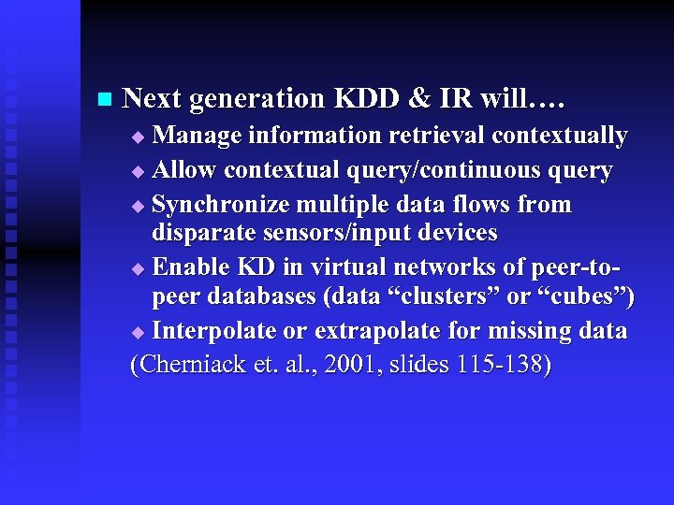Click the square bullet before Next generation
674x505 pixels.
[103, 99]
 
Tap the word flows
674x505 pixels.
[501, 205]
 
